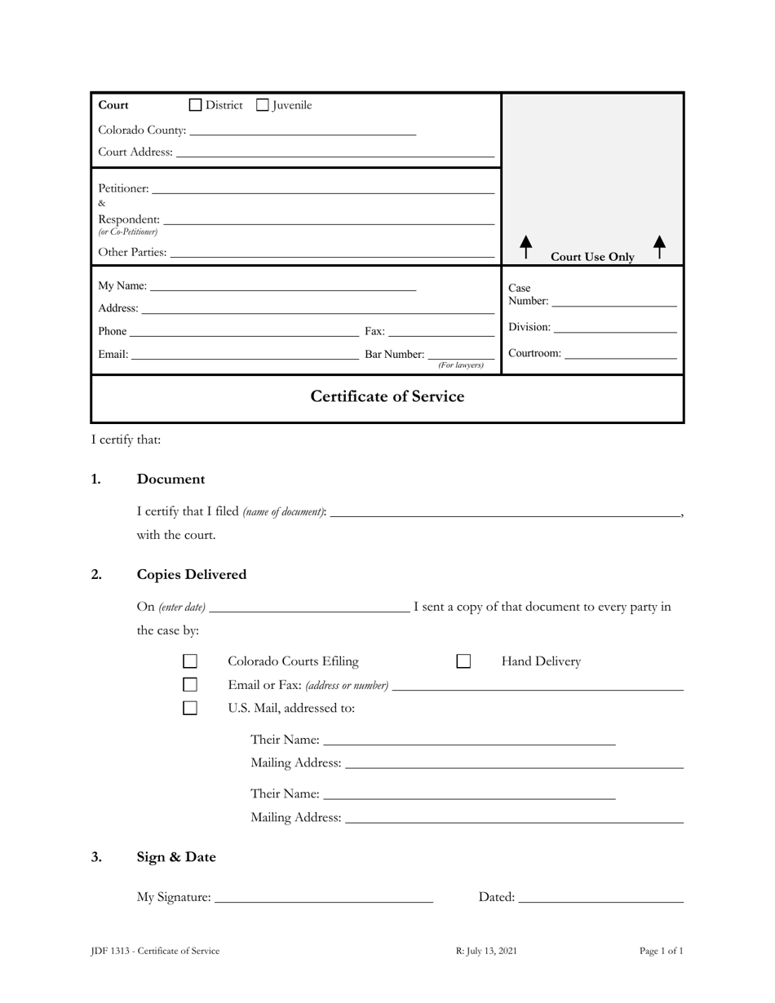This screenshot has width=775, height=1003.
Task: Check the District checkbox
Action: pyautogui.click(x=196, y=105)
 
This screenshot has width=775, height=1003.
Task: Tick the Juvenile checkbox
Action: pyautogui.click(x=263, y=105)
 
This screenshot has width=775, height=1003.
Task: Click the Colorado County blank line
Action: pyautogui.click(x=302, y=131)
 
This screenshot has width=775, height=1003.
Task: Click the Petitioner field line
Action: pyautogui.click(x=323, y=190)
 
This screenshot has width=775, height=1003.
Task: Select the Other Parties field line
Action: pyautogui.click(x=332, y=254)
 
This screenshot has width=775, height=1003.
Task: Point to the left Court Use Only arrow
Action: pyautogui.click(x=526, y=246)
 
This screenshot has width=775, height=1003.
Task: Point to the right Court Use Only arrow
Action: pyautogui.click(x=660, y=246)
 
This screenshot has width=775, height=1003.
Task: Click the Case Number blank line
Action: pyautogui.click(x=614, y=303)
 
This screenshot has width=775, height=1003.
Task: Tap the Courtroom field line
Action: pyautogui.click(x=620, y=355)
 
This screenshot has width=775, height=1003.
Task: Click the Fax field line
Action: pyautogui.click(x=441, y=332)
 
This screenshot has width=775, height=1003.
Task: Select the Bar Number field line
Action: pyautogui.click(x=461, y=356)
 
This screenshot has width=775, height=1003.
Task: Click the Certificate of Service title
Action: pyautogui.click(x=387, y=397)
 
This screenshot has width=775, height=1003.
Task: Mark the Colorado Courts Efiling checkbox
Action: pyautogui.click(x=190, y=661)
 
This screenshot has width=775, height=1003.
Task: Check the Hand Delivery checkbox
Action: pyautogui.click(x=463, y=661)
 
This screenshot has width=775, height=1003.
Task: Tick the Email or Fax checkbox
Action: pyautogui.click(x=190, y=685)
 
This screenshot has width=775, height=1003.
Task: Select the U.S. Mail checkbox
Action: pyautogui.click(x=190, y=708)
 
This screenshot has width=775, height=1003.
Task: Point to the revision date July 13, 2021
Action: pyautogui.click(x=486, y=951)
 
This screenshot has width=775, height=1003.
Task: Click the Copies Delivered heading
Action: pyautogui.click(x=192, y=575)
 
